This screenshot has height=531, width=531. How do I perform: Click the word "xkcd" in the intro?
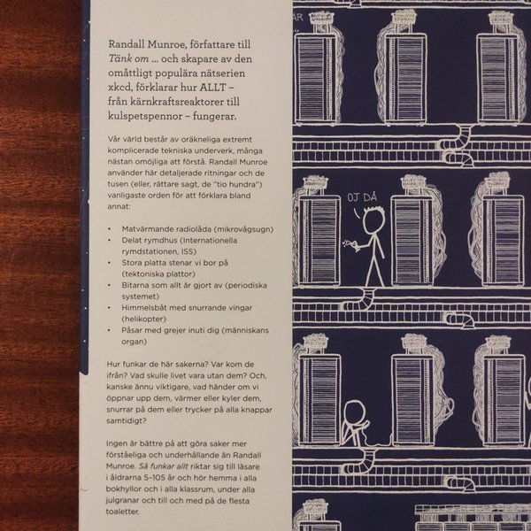(120, 88)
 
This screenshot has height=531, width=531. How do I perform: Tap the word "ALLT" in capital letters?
(212, 88)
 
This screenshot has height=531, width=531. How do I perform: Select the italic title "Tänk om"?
(128, 59)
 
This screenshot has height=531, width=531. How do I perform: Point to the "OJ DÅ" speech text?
(362, 197)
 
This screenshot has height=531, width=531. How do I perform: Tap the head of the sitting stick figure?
(354, 412)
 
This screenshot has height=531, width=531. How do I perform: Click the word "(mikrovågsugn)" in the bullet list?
(245, 229)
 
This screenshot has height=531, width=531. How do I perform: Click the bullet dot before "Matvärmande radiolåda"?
(109, 229)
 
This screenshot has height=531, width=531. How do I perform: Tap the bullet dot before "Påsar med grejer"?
(109, 330)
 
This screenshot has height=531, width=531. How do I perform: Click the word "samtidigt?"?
(127, 421)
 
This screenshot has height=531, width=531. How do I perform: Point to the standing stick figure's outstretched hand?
(353, 248)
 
